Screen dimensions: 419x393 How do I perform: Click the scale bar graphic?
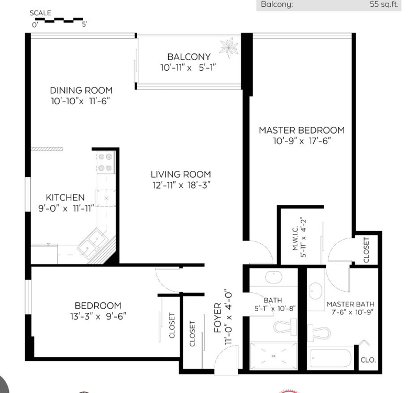click(59, 20)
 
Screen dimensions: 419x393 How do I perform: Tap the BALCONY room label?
click(189, 57)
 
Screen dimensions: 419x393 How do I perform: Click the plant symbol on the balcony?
click(229, 48)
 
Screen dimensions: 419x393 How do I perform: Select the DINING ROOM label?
click(81, 90)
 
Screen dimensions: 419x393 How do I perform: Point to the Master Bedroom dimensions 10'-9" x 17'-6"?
click(302, 141)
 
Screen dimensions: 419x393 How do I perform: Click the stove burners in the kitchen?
click(105, 162)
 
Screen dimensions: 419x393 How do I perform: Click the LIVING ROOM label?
click(181, 174)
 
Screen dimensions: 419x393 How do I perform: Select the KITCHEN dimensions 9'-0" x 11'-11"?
click(67, 208)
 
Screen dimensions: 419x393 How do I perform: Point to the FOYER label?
click(218, 318)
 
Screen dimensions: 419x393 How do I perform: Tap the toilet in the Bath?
click(285, 326)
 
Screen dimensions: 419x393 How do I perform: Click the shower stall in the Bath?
click(273, 356)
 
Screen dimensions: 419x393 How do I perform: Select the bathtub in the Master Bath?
click(331, 358)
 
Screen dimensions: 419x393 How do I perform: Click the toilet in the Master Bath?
click(319, 333)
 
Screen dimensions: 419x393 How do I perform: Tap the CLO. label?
click(368, 360)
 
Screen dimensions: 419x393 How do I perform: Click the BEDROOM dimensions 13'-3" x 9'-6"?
click(98, 316)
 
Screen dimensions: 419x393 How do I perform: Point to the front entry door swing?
click(225, 358)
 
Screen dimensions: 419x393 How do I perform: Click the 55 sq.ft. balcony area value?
click(384, 4)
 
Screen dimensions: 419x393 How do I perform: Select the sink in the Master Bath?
click(316, 291)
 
